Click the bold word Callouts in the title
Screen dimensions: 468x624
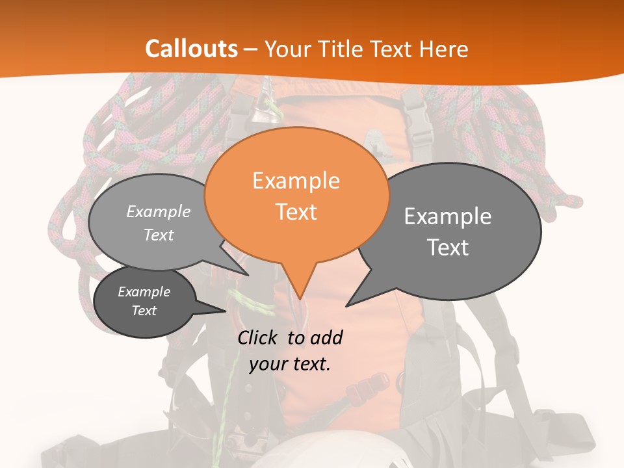point(191,49)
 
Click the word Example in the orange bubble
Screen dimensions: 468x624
point(296,181)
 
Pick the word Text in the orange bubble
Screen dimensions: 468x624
point(296,212)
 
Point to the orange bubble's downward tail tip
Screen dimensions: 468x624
point(299,300)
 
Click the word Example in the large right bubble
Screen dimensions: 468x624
point(448,216)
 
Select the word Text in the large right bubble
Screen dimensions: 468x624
point(448,248)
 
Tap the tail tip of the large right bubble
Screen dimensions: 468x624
point(346,305)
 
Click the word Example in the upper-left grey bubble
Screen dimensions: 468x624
point(159,211)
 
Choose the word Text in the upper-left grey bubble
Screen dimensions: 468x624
point(159,235)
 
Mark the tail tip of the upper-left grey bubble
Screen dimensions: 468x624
point(248,275)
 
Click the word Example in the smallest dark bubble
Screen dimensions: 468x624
point(144,292)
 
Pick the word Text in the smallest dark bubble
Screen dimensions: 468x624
point(144,311)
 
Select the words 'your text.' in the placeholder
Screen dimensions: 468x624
point(290,364)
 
